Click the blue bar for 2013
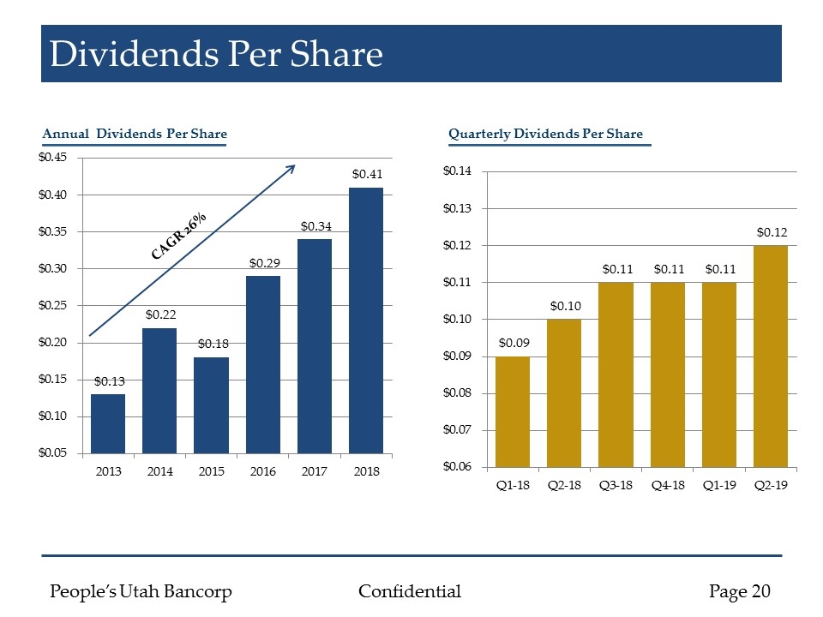(108, 423)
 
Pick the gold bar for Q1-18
(513, 411)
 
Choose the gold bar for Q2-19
(771, 356)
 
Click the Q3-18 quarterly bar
(616, 374)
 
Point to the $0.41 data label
(366, 174)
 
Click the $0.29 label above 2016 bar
(263, 262)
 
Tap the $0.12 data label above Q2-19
(771, 232)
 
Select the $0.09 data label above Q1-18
(513, 343)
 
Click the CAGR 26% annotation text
(179, 236)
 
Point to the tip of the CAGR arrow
(294, 166)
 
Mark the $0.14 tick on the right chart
(456, 172)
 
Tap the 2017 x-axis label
(315, 471)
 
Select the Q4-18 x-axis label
(667, 485)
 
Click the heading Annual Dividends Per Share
(135, 134)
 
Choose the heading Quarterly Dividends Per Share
(545, 134)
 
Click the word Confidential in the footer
(410, 591)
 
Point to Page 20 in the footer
(740, 591)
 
